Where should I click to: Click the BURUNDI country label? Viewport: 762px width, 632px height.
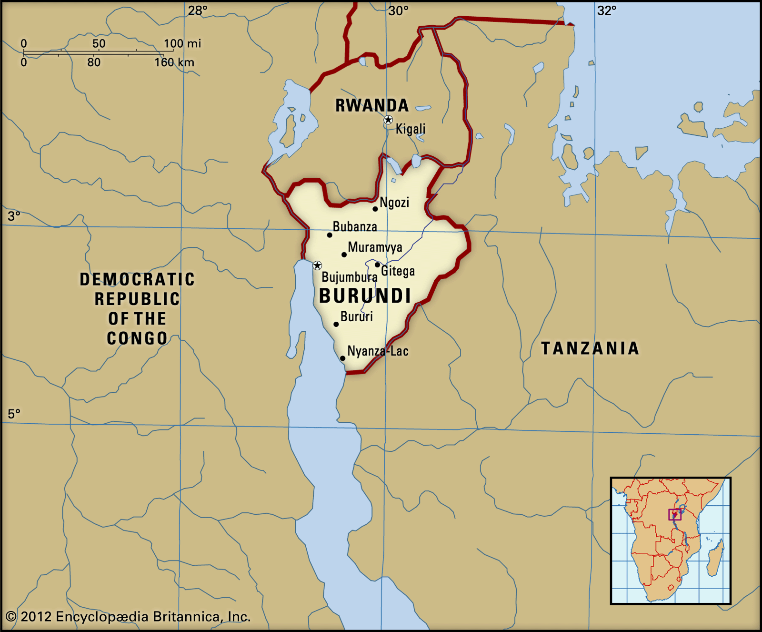tap(365, 296)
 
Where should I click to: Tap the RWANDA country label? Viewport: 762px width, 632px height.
tap(372, 105)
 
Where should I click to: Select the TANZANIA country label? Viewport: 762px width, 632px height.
tap(590, 348)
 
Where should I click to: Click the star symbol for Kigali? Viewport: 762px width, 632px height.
tap(388, 120)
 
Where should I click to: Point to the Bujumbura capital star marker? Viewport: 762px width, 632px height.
tap(317, 265)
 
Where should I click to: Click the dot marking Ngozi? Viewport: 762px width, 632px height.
tap(375, 209)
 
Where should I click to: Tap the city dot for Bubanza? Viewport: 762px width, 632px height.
tap(330, 235)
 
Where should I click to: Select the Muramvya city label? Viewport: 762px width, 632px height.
tap(375, 247)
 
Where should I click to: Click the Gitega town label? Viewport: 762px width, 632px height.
tap(398, 271)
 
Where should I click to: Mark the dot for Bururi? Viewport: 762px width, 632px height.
tap(336, 324)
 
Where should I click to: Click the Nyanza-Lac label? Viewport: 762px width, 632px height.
tap(378, 351)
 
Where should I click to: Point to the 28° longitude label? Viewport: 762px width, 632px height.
tap(197, 10)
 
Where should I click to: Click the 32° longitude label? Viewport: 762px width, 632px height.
tap(606, 10)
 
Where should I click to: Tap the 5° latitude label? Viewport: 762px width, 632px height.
tap(14, 414)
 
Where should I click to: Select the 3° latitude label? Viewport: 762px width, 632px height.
tap(14, 216)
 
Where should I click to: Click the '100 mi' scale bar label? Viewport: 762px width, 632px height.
tap(182, 44)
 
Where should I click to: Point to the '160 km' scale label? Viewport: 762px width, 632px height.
tap(174, 62)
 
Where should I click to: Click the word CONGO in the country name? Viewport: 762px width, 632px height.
tap(137, 338)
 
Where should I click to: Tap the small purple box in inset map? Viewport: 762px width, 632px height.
tap(675, 514)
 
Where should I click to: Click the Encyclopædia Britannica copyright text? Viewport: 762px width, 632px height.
tap(128, 617)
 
